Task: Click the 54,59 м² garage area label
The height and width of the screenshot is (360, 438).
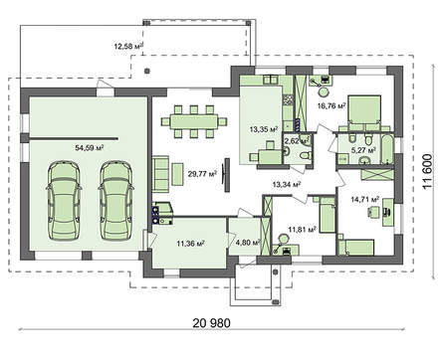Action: [x=90, y=148]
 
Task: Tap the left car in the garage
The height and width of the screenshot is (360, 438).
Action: [x=64, y=200]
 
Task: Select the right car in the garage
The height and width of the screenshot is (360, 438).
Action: [x=115, y=200]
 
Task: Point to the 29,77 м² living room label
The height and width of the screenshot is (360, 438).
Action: [x=202, y=174]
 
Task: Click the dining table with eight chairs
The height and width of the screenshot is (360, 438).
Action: [x=194, y=121]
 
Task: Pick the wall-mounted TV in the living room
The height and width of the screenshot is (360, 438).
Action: [x=227, y=175]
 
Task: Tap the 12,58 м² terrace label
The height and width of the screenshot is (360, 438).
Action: [x=129, y=46]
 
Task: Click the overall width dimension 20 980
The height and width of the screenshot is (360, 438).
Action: [x=211, y=322]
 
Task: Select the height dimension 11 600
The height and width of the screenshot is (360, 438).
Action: [x=428, y=171]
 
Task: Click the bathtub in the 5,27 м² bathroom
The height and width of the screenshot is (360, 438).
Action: [x=387, y=149]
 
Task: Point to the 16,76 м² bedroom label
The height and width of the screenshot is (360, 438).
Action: [x=331, y=106]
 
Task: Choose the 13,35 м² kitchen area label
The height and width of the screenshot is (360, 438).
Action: [x=264, y=129]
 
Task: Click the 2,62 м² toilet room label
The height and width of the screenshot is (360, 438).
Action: [x=297, y=141]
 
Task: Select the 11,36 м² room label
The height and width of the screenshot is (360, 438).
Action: [x=190, y=244]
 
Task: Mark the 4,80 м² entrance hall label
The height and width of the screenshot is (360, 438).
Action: [x=248, y=243]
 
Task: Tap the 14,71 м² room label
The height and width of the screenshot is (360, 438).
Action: [x=365, y=199]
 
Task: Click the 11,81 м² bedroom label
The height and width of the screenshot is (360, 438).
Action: [x=302, y=229]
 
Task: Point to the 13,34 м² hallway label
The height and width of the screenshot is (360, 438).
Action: [x=287, y=184]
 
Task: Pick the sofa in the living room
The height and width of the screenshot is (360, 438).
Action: [x=159, y=173]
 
